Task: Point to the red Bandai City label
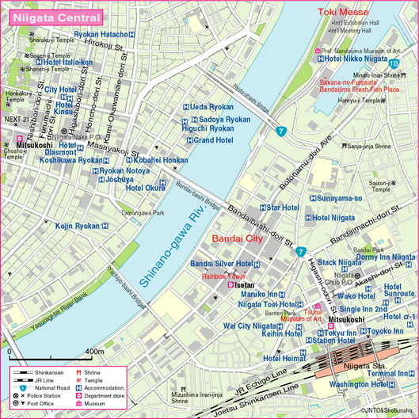[x=238, y=238]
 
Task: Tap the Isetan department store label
[x=246, y=284]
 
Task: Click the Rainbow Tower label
[x=225, y=276]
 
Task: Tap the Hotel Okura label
[x=145, y=189]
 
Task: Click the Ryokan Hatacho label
[x=111, y=35]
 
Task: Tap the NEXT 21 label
[x=15, y=120]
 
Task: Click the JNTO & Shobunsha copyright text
[x=387, y=411]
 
